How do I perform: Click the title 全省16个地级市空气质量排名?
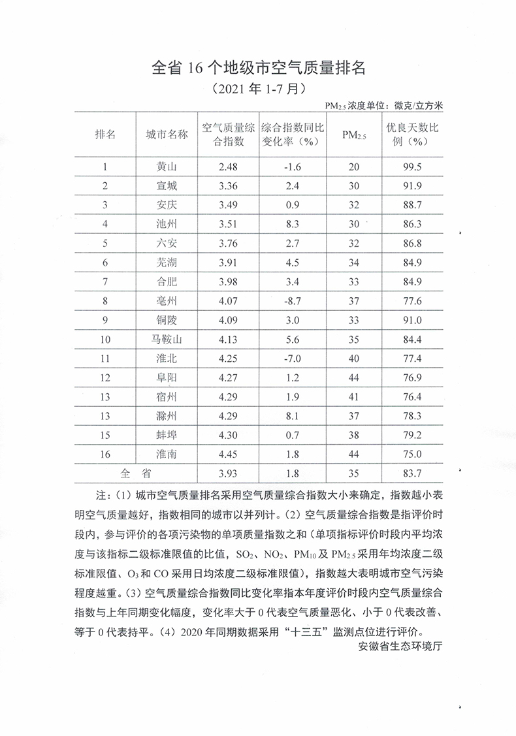[257, 68]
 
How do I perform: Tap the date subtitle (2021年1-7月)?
[257, 88]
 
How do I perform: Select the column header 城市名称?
[167, 135]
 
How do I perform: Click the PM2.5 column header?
[354, 135]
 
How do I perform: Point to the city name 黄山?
[167, 167]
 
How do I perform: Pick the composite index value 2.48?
[229, 167]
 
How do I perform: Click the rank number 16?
[105, 454]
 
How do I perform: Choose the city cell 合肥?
[167, 282]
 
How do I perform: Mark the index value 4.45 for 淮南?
[229, 454]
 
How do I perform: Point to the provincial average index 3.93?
[229, 473]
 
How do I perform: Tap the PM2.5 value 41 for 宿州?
[354, 396]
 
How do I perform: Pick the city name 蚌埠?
[167, 435]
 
